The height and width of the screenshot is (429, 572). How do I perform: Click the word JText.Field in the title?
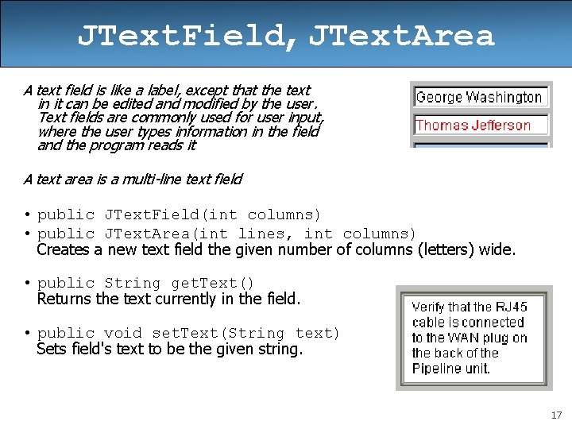pos(183,36)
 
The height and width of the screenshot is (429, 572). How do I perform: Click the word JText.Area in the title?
pos(401,36)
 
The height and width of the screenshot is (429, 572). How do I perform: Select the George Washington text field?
pos(479,98)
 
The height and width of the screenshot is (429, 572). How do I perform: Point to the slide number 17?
pos(555,415)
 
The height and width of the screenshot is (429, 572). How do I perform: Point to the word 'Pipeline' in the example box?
pos(438,369)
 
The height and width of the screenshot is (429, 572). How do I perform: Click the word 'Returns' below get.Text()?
pos(64,300)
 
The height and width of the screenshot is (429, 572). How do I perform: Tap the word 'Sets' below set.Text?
pos(51,349)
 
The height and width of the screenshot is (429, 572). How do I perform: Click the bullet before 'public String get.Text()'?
pos(27,284)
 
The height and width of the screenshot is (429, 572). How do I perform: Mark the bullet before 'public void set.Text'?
pos(27,334)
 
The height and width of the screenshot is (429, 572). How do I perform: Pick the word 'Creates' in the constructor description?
pos(64,250)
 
